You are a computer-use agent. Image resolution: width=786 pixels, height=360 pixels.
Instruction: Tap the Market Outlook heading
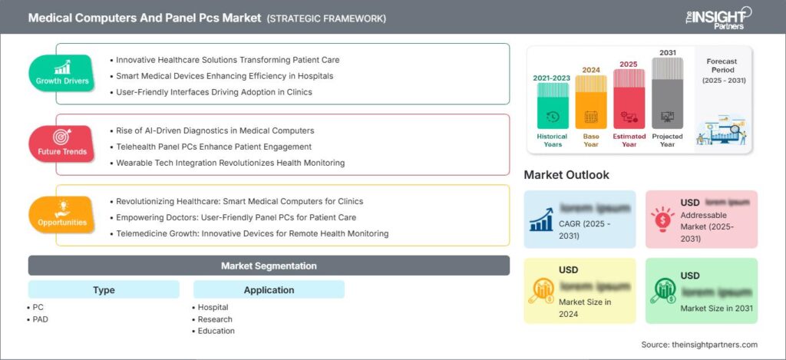tap(566, 175)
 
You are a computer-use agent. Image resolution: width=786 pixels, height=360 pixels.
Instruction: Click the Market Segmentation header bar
tap(269, 266)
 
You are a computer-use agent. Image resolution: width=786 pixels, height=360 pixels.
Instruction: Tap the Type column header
tap(104, 290)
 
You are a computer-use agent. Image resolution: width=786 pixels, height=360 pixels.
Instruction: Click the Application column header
tap(269, 290)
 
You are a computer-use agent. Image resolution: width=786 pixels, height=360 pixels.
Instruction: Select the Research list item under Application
tap(215, 319)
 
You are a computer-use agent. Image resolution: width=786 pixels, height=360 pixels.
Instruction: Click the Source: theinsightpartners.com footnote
tap(699, 345)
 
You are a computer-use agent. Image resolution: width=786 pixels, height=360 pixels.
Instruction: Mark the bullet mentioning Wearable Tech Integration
tap(230, 163)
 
